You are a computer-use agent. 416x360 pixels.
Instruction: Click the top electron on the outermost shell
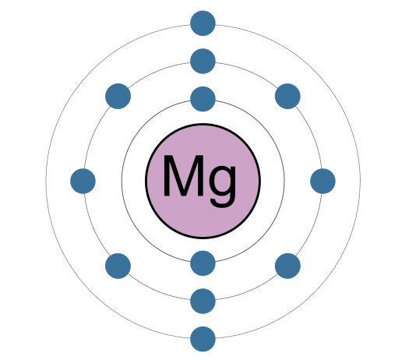[x=203, y=23]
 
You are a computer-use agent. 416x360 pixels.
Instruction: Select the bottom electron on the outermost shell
[x=203, y=339]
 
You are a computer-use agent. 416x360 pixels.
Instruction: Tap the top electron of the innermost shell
[x=203, y=99]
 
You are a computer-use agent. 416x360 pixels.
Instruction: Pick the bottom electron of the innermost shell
[x=203, y=263]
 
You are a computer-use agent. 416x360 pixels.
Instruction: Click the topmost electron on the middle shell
[x=203, y=61]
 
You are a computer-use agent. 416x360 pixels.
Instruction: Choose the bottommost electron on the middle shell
[x=203, y=301]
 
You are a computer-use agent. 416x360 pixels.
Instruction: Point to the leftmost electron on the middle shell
[x=83, y=181]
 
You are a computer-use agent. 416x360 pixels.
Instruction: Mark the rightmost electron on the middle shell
[x=323, y=181]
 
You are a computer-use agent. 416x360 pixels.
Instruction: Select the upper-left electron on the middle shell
[x=118, y=96]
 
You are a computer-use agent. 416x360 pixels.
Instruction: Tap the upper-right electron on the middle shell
[x=287, y=96]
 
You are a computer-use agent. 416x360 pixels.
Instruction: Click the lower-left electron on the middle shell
[x=118, y=266]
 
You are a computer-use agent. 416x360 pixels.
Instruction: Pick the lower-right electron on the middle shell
[x=287, y=266]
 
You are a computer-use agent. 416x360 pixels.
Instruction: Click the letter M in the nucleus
[x=183, y=176]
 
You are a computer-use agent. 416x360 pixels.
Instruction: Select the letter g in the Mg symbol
[x=222, y=185]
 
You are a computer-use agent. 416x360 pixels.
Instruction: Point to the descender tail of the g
[x=221, y=203]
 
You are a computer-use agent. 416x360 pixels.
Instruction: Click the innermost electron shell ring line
[x=122, y=181]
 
